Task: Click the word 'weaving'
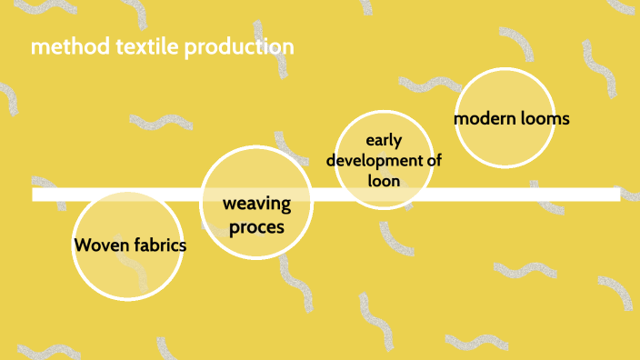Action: pyautogui.click(x=256, y=203)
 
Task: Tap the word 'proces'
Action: pyautogui.click(x=256, y=226)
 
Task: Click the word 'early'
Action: pyautogui.click(x=384, y=140)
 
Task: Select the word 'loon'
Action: pyautogui.click(x=384, y=180)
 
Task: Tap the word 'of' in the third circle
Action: pyautogui.click(x=434, y=160)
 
